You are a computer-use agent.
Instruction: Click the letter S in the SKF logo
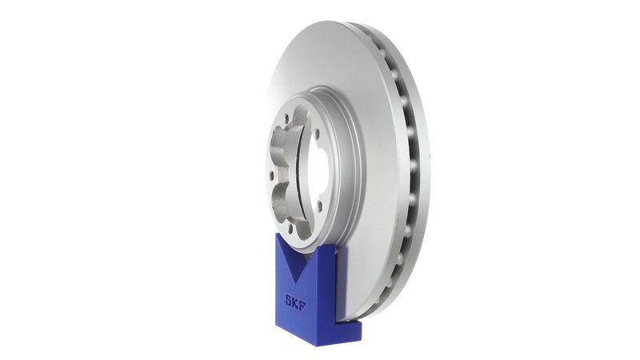pyautogui.click(x=288, y=302)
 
